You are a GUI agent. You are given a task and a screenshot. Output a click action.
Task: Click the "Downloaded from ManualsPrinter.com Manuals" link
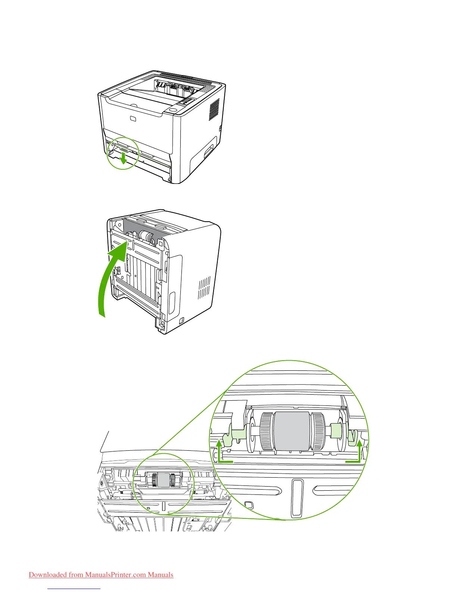pos(101,575)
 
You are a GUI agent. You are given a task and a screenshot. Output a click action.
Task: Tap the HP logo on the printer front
pos(133,118)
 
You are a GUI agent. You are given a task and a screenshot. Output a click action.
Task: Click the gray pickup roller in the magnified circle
pos(292,431)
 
